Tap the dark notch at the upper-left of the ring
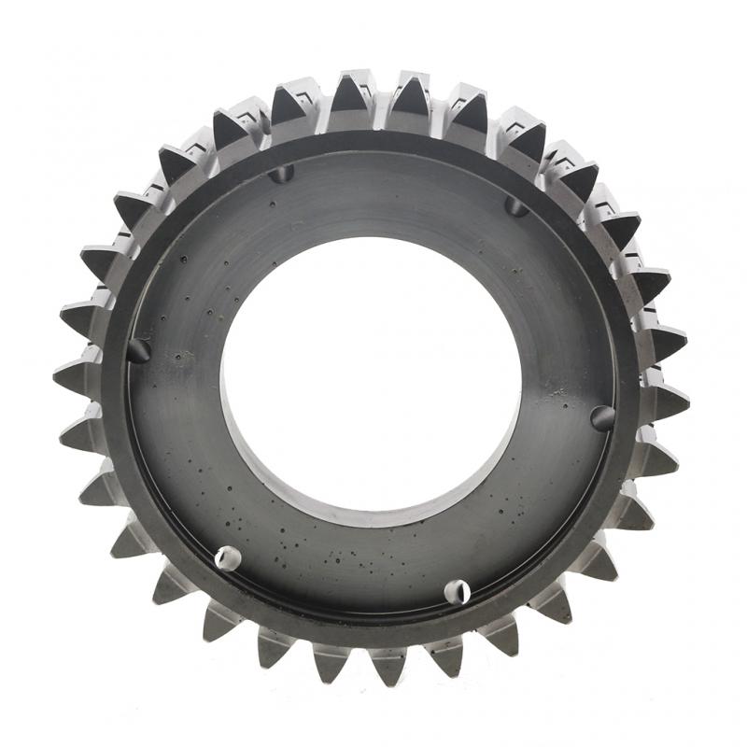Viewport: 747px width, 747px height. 280,174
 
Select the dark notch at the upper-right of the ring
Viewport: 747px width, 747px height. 515,205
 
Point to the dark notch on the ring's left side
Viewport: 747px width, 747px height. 138,351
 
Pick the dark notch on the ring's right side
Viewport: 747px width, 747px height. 603,417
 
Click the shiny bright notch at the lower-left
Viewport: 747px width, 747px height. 227,558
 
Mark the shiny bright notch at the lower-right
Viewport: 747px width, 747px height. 457,591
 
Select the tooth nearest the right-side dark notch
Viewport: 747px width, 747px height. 666,402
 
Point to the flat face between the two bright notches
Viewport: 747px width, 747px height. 342,579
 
